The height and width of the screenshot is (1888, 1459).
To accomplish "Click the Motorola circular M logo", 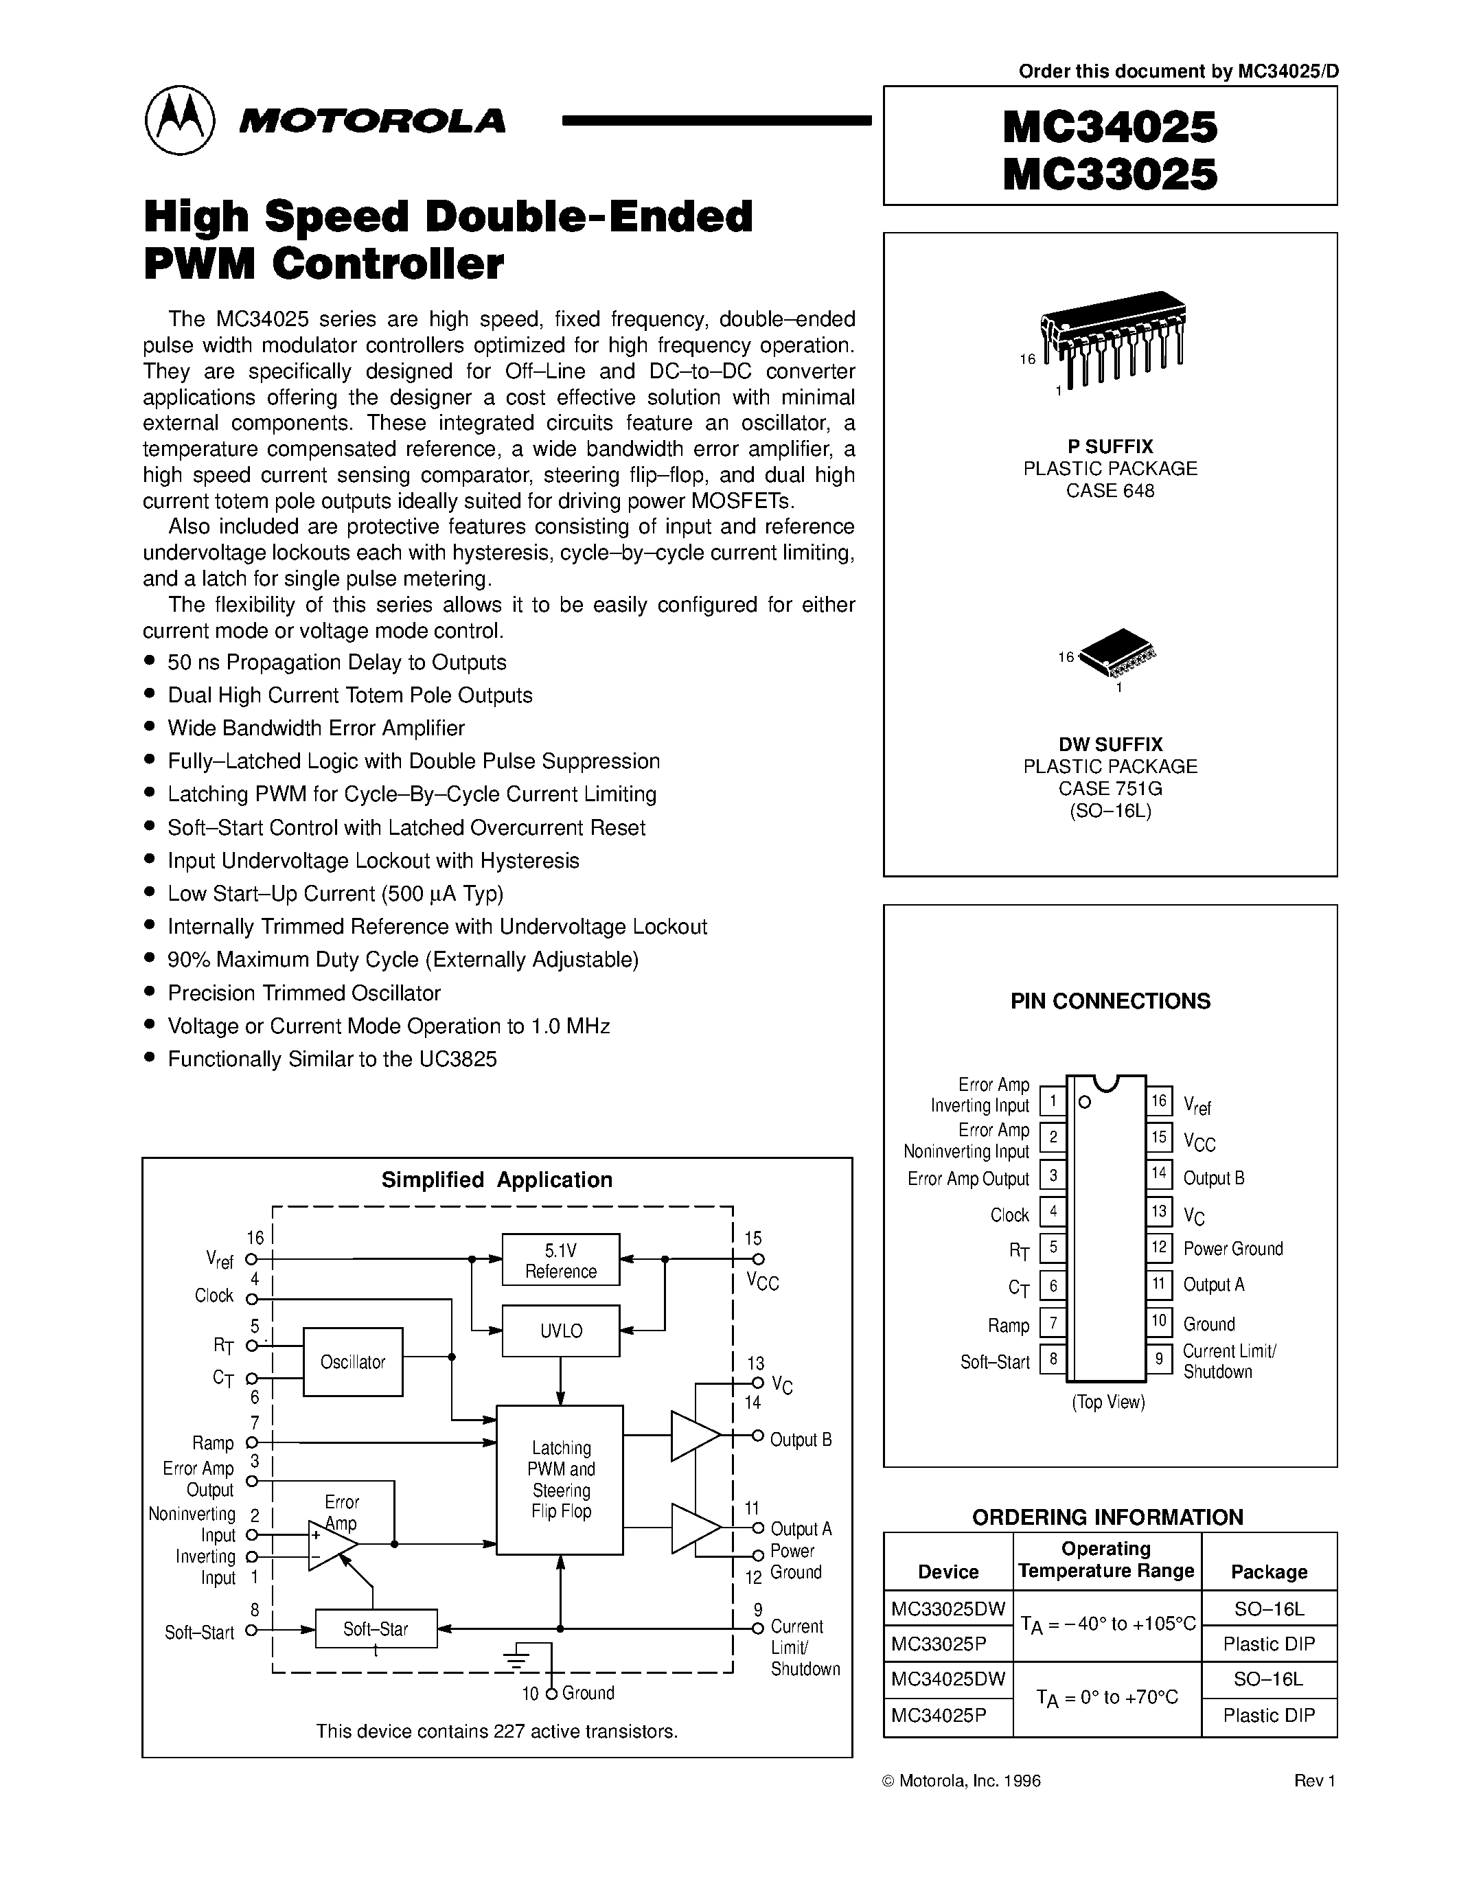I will pyautogui.click(x=180, y=120).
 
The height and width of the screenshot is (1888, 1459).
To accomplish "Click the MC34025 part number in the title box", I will pyautogui.click(x=1110, y=127).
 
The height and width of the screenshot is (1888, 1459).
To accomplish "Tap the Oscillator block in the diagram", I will pyautogui.click(x=353, y=1362).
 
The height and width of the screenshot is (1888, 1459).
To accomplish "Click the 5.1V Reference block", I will pyautogui.click(x=561, y=1260).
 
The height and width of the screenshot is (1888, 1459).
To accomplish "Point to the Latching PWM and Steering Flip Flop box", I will pyautogui.click(x=560, y=1480).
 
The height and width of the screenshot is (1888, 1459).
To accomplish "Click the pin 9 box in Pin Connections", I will pyautogui.click(x=1159, y=1358).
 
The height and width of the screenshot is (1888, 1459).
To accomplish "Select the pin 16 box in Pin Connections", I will pyautogui.click(x=1159, y=1101).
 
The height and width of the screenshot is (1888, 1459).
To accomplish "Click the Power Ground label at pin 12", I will pyautogui.click(x=1232, y=1249).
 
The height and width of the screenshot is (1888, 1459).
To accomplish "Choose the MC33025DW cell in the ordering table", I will pyautogui.click(x=948, y=1609).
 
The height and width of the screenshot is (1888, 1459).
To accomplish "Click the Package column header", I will pyautogui.click(x=1269, y=1572).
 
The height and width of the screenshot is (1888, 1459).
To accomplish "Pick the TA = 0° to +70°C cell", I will pyautogui.click(x=1106, y=1698).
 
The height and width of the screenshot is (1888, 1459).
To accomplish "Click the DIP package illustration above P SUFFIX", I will pyautogui.click(x=1113, y=337).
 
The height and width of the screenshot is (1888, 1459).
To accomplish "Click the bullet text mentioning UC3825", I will pyautogui.click(x=332, y=1059).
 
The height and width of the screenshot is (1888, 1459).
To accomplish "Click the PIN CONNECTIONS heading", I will pyautogui.click(x=1110, y=1001).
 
